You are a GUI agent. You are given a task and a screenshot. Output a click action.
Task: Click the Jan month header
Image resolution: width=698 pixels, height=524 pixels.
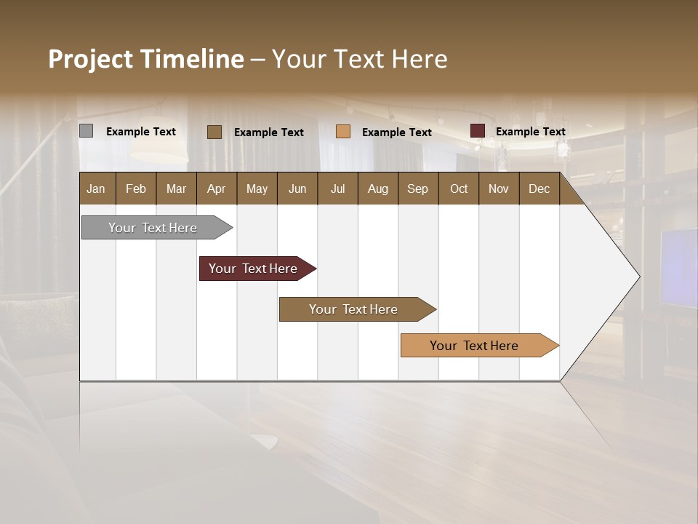(x=96, y=189)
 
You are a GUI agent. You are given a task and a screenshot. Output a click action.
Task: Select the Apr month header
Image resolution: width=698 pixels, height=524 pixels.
(x=216, y=189)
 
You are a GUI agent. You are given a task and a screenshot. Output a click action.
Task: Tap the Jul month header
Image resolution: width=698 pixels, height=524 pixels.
(x=337, y=189)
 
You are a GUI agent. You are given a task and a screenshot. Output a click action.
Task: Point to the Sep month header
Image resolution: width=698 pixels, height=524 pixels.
(x=417, y=189)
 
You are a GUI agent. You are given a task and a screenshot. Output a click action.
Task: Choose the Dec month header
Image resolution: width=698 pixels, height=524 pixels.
(x=539, y=189)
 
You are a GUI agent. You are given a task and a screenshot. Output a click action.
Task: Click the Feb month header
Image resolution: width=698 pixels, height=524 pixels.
(x=136, y=189)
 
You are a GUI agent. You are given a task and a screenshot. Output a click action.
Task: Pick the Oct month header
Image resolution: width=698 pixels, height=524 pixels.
(x=459, y=189)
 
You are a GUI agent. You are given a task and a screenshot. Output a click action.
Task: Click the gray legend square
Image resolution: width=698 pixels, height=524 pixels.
(x=87, y=131)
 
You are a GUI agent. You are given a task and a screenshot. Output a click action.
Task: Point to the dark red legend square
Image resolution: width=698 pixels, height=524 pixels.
(x=478, y=131)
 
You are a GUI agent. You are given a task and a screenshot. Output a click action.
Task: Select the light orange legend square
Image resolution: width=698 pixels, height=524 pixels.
(x=343, y=132)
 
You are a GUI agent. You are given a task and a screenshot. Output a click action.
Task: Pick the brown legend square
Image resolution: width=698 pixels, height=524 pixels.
(x=214, y=132)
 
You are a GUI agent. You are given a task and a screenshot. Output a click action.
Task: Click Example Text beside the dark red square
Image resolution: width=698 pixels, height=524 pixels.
(x=530, y=132)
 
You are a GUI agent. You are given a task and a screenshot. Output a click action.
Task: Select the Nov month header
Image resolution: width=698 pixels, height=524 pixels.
(x=499, y=189)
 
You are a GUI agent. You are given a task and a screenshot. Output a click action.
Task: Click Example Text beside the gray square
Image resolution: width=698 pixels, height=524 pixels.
(x=140, y=132)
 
